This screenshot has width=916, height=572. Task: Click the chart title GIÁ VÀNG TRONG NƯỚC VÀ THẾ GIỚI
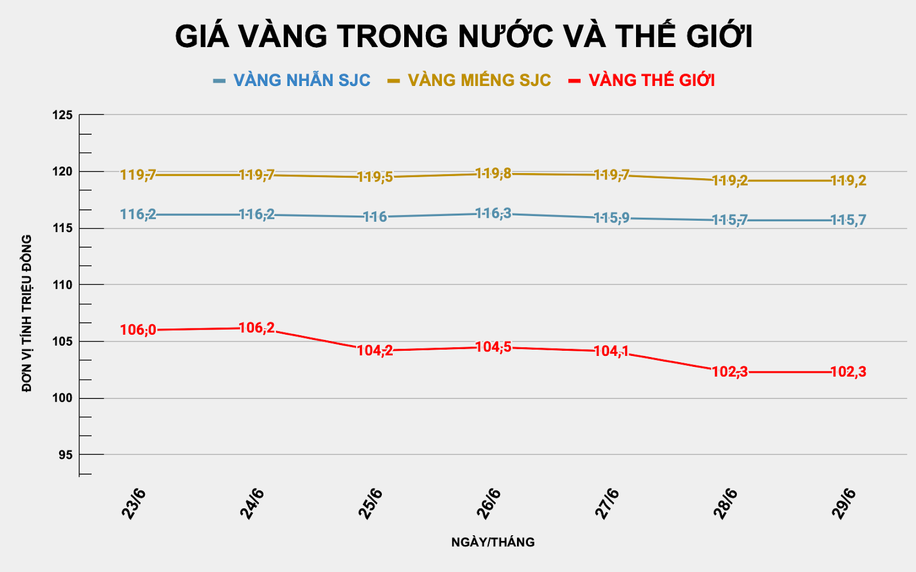pyautogui.click(x=463, y=37)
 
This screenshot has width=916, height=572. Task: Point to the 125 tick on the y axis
pyautogui.click(x=62, y=115)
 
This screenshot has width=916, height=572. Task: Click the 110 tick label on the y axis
pyautogui.click(x=62, y=285)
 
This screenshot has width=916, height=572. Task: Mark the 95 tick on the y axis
pyautogui.click(x=65, y=455)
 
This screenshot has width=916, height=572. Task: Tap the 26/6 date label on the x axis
pyautogui.click(x=489, y=504)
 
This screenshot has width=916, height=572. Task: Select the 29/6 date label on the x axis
pyautogui.click(x=844, y=504)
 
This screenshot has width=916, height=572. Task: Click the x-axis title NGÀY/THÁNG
pyautogui.click(x=493, y=542)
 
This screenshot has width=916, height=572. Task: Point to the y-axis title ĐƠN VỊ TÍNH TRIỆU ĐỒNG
pyautogui.click(x=26, y=313)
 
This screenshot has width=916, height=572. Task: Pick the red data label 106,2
pyautogui.click(x=256, y=328)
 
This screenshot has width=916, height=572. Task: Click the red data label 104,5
pyautogui.click(x=493, y=347)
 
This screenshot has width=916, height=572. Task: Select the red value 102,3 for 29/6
pyautogui.click(x=848, y=372)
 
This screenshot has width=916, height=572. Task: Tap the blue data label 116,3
pyautogui.click(x=493, y=214)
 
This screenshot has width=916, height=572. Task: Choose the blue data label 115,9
pyautogui.click(x=611, y=218)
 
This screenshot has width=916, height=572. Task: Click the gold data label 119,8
pyautogui.click(x=493, y=173)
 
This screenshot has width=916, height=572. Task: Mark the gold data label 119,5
pyautogui.click(x=375, y=177)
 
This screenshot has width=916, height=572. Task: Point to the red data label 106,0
pyautogui.click(x=138, y=330)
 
